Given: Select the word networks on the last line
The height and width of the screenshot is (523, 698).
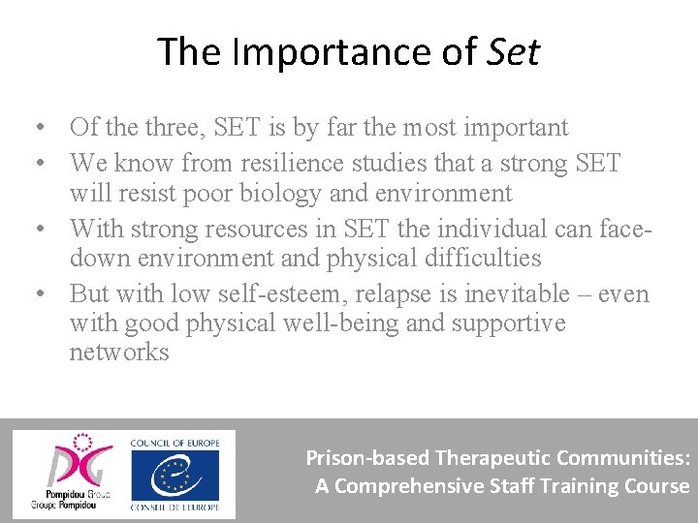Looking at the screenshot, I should tap(119, 352).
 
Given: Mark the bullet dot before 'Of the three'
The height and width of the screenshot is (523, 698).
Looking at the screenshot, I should tap(35, 128).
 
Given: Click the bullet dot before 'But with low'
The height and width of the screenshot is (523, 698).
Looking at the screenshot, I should tap(35, 294).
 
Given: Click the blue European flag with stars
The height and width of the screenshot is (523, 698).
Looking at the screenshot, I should tap(175, 473).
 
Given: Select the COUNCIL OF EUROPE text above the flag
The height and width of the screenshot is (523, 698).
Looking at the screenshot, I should tap(175, 442).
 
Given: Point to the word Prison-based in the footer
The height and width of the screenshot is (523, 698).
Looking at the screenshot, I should tap(367, 457).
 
